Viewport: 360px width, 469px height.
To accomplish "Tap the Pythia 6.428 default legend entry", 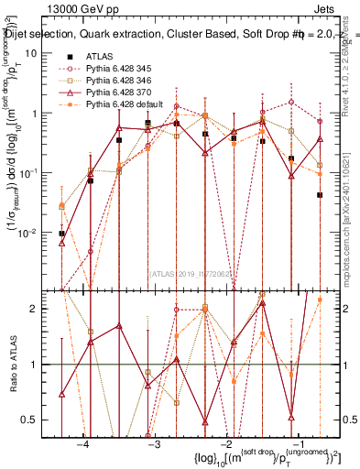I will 119,104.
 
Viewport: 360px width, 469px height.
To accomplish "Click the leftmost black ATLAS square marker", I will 61,234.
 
